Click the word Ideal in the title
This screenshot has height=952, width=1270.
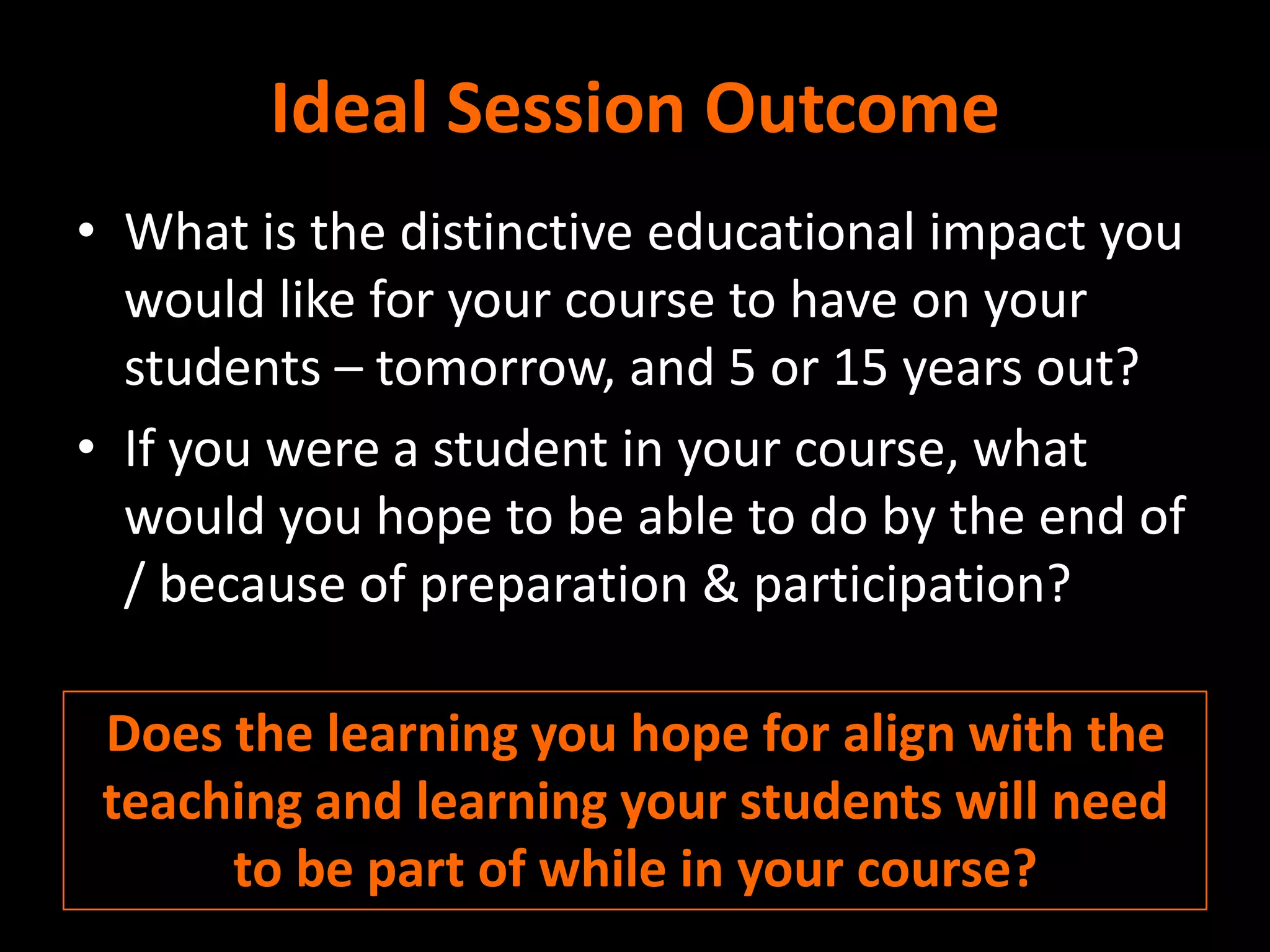point(350,108)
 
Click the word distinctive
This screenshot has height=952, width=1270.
point(515,232)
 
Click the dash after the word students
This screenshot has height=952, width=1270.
point(348,369)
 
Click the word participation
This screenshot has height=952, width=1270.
point(912,586)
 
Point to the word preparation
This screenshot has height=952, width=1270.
point(554,586)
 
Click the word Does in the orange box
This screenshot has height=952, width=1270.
point(164,734)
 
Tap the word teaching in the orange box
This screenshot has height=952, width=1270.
point(202,803)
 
